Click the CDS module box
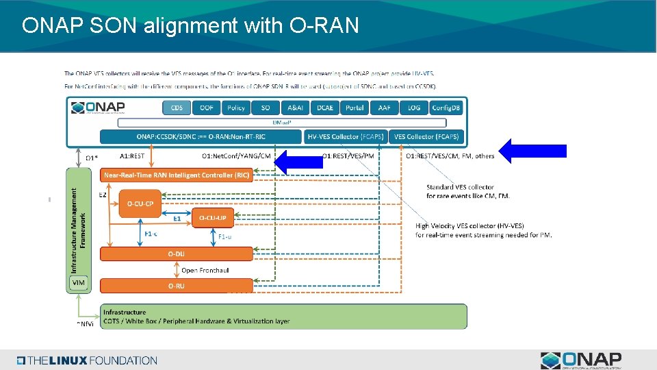177,108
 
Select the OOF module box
206,108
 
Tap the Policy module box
235,108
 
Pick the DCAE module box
324,108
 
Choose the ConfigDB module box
446,108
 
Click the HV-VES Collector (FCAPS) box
346,136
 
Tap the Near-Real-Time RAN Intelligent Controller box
177,175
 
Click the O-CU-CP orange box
140,203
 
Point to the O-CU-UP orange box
212,218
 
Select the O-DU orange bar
177,254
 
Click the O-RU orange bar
177,285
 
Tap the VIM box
79,282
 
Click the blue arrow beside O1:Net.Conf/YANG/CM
303,160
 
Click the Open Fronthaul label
205,270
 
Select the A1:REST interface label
132,156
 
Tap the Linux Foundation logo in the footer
87,360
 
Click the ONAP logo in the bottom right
581,360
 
